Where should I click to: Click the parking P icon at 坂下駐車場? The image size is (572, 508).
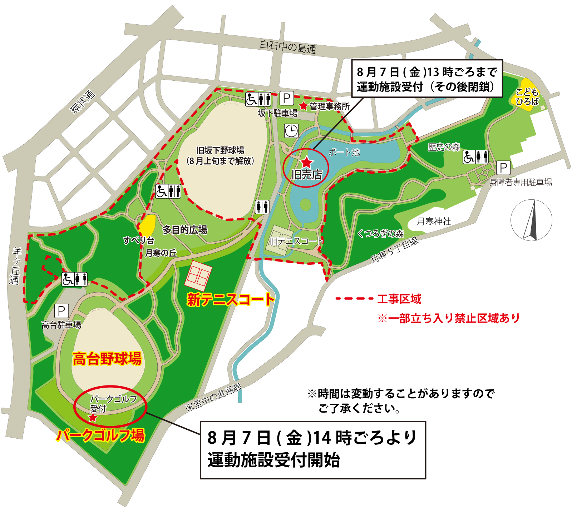click(286, 98)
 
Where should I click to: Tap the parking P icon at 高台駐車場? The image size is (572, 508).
click(61, 311)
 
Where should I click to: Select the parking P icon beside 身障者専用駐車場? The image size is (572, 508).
click(503, 168)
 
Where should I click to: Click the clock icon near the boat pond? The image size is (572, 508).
click(291, 131)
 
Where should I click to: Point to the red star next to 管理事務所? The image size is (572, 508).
click(304, 106)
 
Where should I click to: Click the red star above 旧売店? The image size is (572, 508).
click(307, 163)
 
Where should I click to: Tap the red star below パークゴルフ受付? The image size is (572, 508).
click(93, 417)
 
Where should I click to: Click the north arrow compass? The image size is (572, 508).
click(531, 220)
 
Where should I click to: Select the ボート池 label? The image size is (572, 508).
click(344, 153)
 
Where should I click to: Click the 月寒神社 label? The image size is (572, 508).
click(434, 221)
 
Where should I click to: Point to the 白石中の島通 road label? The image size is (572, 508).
click(288, 47)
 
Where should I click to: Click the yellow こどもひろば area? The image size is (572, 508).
click(526, 94)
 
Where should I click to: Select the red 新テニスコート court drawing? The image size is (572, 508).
click(198, 275)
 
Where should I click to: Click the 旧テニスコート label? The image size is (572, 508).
click(296, 241)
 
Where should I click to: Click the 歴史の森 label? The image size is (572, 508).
click(444, 147)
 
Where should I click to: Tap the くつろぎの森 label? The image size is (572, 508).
click(380, 234)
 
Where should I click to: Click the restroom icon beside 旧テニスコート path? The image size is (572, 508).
click(262, 207)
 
